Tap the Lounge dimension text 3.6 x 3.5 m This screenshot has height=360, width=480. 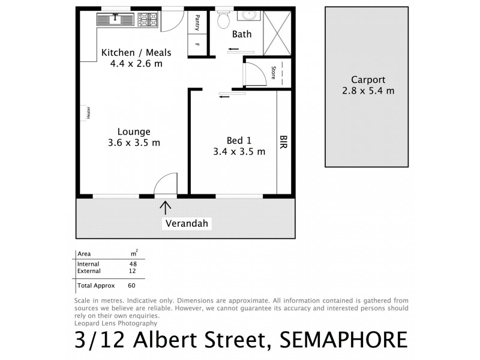point(134,143)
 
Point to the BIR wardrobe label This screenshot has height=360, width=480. point(284,142)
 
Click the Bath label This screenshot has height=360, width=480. point(242,35)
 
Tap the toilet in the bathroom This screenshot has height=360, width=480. point(223,20)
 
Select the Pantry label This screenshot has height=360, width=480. point(197,23)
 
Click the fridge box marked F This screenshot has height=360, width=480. point(197,46)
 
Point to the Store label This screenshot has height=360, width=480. point(274,73)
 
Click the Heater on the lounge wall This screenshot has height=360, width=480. point(87,113)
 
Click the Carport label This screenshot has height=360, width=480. point(368,80)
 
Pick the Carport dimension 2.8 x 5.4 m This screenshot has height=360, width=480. point(368,91)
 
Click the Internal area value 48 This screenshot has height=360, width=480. point(133,264)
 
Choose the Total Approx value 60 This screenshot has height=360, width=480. point(132,286)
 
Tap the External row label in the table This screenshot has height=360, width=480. point(89,271)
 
